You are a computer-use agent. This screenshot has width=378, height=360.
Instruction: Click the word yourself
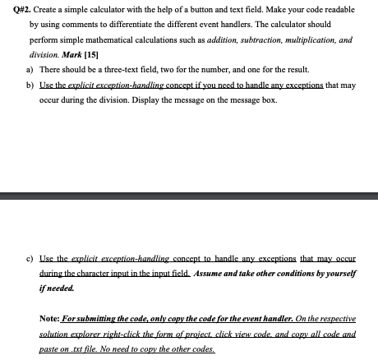click(349, 273)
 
